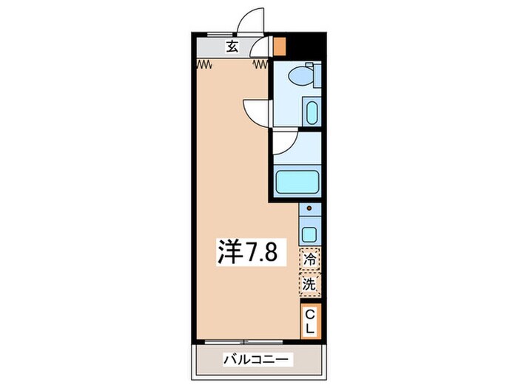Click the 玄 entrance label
click(232, 47)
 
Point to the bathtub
click(297, 182)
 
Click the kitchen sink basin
click(310, 234)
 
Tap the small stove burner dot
click(310, 210)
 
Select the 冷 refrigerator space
click(310, 259)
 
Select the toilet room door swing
click(256, 111)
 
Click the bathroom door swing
click(286, 142)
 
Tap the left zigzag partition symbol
click(205, 65)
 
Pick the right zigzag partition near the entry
click(260, 65)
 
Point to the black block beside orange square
click(303, 44)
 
